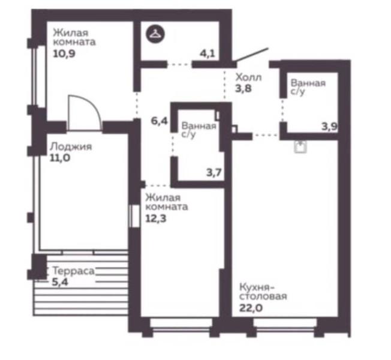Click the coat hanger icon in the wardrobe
point(155,34)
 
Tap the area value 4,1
point(207,53)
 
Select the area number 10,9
point(64,53)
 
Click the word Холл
point(249,77)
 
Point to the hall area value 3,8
point(243,88)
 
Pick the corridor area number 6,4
point(159,121)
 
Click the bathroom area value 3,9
point(329,127)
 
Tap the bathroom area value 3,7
point(214,172)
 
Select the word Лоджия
point(71,146)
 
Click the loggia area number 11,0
point(60,158)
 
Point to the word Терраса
point(74,271)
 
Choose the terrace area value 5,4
point(60,282)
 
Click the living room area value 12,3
point(156,218)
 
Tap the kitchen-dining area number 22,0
point(251,308)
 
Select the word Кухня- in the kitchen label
point(257,287)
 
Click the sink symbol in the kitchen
point(300,146)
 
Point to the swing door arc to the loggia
point(93,105)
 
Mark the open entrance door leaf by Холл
point(251,55)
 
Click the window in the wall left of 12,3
point(134,216)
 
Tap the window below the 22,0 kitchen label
point(285,326)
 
